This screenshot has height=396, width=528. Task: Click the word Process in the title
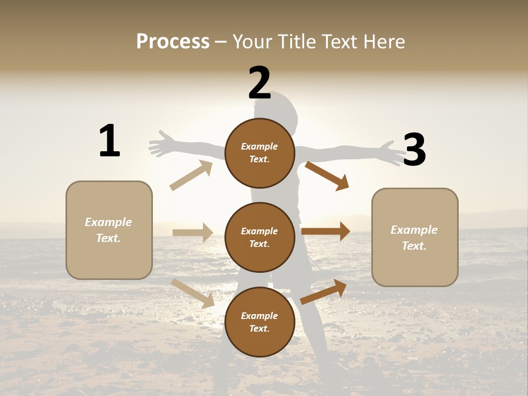coord(173,41)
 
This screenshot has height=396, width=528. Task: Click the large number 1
coord(109,141)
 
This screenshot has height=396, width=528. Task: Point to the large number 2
coord(260,82)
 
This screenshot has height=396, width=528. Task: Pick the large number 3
coord(414,150)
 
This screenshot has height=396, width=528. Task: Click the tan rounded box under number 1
coord(109,230)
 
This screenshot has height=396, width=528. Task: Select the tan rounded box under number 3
coord(415,237)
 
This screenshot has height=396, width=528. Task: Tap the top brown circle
coord(260,153)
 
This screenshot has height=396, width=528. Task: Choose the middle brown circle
coord(260,237)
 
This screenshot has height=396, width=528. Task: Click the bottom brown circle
coord(260,322)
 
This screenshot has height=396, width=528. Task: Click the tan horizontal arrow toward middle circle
coord(193,233)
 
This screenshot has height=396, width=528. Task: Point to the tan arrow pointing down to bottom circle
coord(193,293)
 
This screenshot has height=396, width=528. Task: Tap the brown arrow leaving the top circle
coord(327,175)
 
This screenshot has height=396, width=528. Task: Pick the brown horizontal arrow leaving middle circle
coord(326,231)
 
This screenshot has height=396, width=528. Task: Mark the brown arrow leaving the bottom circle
coord(324,291)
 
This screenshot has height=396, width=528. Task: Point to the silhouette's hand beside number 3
coord(394,152)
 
